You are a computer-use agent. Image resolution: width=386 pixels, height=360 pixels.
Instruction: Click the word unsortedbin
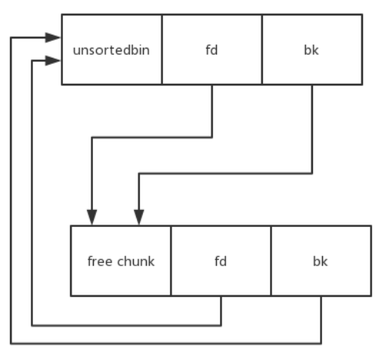pos(111,50)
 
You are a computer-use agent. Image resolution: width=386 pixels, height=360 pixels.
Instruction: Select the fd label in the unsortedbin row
pos(211,50)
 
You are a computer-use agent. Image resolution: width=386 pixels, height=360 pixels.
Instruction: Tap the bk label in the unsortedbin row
pos(311,50)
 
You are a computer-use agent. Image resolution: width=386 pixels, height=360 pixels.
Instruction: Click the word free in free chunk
pos(100,262)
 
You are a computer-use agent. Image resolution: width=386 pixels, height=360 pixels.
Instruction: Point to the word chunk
pos(136,262)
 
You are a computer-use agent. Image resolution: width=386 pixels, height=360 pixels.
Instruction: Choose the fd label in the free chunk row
pos(221,262)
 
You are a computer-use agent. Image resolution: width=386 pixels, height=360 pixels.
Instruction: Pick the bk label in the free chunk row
pos(320,262)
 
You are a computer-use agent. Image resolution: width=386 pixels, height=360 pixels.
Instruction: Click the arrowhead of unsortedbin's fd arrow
pos(92,217)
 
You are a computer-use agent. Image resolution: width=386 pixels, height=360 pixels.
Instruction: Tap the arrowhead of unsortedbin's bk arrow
pos(139,217)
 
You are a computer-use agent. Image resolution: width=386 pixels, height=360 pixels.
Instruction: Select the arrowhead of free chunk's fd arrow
pos(52,61)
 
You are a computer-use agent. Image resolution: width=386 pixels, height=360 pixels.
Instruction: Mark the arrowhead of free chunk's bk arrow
pos(52,38)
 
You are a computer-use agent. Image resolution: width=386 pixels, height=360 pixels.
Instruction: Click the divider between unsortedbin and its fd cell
pos(161,49)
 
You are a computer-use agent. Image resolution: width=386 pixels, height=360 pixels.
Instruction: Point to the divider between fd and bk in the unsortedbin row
pos(262,49)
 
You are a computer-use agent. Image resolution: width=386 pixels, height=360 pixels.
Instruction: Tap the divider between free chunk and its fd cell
pos(171,261)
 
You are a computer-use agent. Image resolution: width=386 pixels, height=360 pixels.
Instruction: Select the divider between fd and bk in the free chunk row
pos(271,261)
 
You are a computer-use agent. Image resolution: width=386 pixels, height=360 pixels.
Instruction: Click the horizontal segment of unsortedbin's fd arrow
pos(152,138)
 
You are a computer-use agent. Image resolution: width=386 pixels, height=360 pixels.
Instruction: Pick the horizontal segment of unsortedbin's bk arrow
pos(225,174)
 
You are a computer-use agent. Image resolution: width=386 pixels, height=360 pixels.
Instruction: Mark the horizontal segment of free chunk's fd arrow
pos(126,325)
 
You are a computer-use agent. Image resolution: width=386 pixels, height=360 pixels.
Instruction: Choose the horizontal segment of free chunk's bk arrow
pos(166,343)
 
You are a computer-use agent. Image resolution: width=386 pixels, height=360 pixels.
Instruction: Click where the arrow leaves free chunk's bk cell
pos(321,296)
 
